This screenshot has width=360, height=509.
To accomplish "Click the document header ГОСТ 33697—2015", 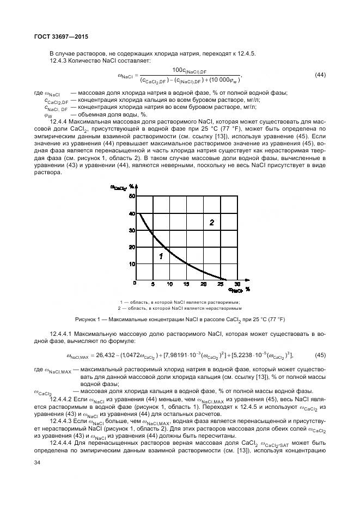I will click(57, 36).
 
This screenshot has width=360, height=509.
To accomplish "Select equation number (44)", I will click(320, 75).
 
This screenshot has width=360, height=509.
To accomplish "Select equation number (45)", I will click(320, 355).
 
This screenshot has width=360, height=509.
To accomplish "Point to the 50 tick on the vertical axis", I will click(132, 197).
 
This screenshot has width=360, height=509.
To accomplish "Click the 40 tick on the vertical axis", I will click(132, 213).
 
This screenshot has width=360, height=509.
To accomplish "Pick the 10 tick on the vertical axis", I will click(132, 263).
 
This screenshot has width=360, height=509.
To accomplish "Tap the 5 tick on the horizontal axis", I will click(152, 284).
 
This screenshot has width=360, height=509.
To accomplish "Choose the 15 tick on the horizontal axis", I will click(186, 284).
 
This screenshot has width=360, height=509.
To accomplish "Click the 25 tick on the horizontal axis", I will click(219, 284).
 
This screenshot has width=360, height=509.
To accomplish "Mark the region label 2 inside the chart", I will click(212, 222).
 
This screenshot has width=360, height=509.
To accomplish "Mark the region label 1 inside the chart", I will click(161, 255).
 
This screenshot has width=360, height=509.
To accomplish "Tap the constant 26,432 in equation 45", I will click(107, 355).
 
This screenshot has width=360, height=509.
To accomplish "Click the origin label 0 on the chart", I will click(135, 284).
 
